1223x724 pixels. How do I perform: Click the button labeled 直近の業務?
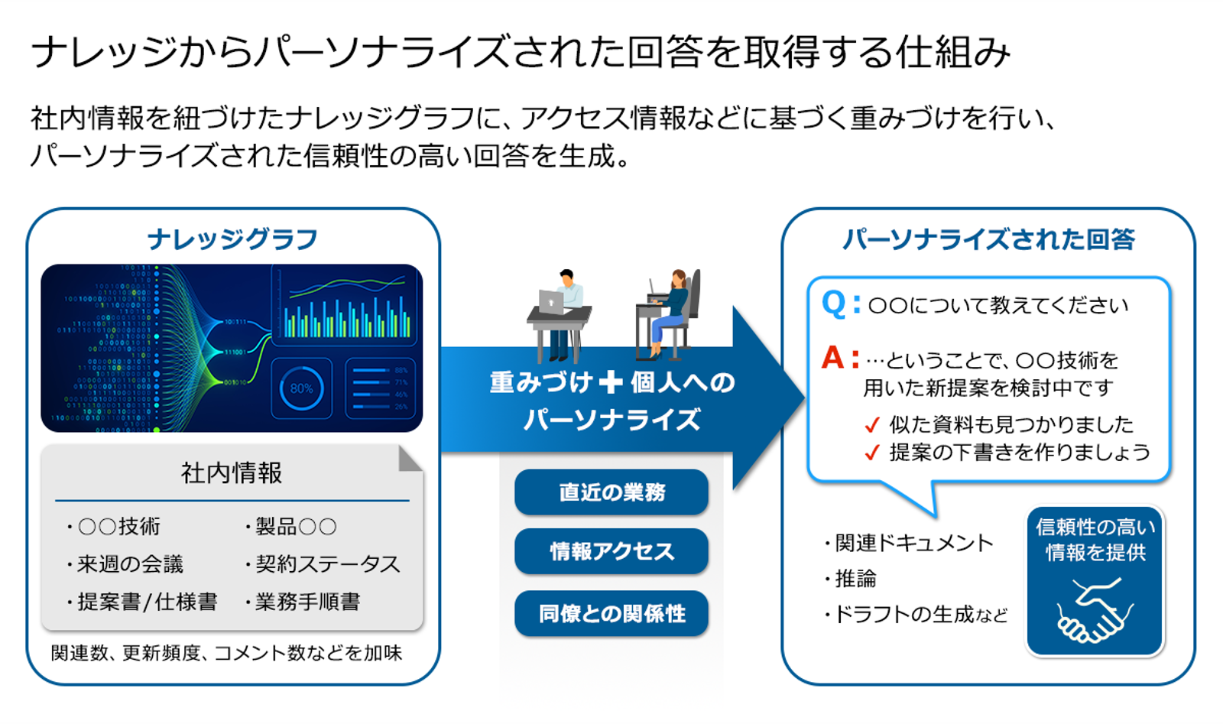(x=611, y=492)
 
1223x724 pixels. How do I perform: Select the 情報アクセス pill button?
(x=611, y=551)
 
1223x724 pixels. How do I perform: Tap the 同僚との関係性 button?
(x=611, y=613)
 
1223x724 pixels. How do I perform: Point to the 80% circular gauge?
(x=301, y=388)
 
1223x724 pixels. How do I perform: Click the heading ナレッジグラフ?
(x=232, y=239)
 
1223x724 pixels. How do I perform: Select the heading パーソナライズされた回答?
(x=988, y=239)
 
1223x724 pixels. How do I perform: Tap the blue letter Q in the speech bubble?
(x=833, y=304)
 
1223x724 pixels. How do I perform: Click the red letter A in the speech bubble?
(x=832, y=358)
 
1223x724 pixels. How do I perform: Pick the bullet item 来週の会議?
(x=129, y=564)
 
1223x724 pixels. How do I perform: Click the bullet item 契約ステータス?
(x=326, y=564)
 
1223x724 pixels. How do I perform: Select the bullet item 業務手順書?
(x=307, y=602)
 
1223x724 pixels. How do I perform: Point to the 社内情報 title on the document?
(x=232, y=473)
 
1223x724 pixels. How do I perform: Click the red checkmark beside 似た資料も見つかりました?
(x=871, y=425)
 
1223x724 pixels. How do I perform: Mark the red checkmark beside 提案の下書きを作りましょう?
(x=871, y=453)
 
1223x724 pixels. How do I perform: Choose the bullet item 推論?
(x=855, y=579)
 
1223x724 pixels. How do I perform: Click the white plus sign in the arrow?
(x=611, y=381)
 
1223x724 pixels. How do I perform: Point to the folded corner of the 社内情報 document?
(x=410, y=459)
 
